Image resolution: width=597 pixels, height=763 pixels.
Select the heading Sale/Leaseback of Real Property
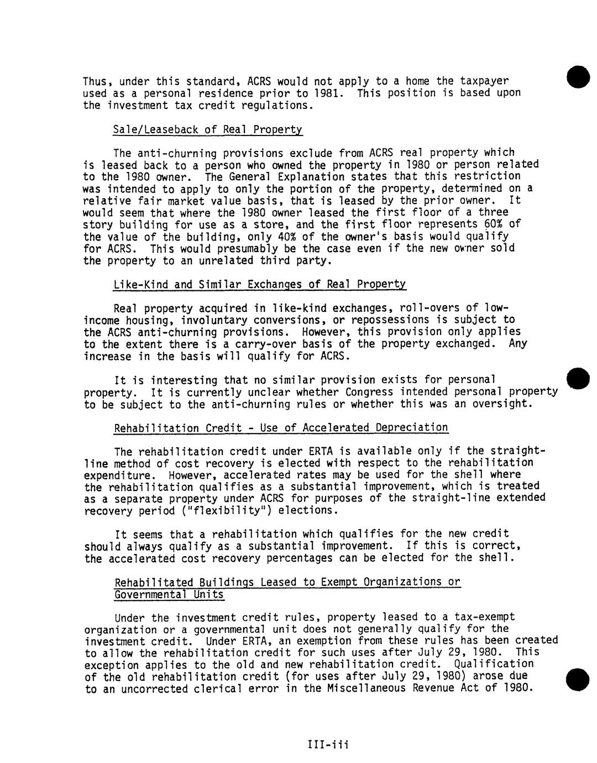[208, 129]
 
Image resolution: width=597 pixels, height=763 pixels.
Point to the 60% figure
[484, 224]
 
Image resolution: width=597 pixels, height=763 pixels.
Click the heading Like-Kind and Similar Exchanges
[259, 285]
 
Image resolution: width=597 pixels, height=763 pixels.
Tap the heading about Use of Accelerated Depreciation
[281, 428]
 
